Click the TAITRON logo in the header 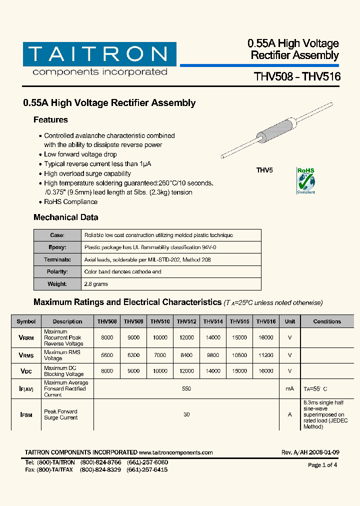99,54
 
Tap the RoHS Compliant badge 306,180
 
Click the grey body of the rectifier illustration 273,132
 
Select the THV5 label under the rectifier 264,170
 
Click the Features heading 50,120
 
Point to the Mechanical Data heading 65,217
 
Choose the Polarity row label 57,272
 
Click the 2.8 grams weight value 96,284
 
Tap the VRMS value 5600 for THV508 107,355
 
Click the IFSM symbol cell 26,415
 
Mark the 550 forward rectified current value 186,388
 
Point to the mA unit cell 289,388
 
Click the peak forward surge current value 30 186,414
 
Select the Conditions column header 327,321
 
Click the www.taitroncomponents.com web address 176,452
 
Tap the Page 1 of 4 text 322,465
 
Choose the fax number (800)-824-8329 100,470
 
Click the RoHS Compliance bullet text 70,202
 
